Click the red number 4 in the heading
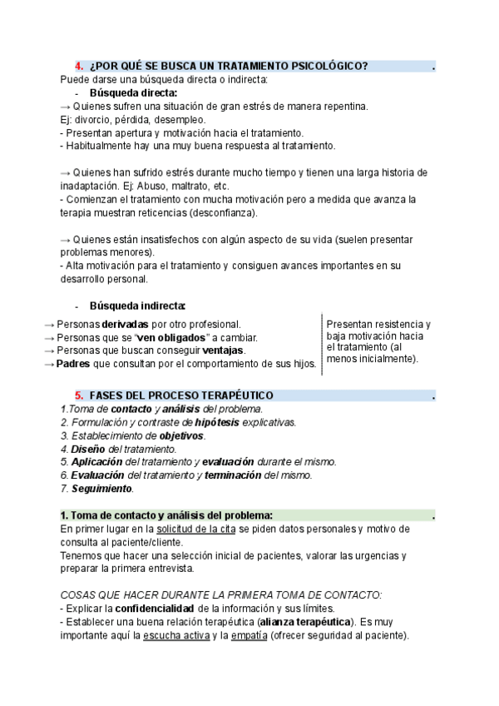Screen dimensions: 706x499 coord(78,67)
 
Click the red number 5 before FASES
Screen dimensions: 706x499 coord(78,395)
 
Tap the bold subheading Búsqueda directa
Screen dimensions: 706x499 coord(127,93)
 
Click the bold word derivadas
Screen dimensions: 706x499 coord(126,324)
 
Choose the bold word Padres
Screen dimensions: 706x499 coord(72,364)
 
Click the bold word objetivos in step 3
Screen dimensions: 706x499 coord(181,435)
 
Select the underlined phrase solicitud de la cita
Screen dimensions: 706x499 coord(195,529)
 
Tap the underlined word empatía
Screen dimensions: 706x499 coord(249,635)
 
